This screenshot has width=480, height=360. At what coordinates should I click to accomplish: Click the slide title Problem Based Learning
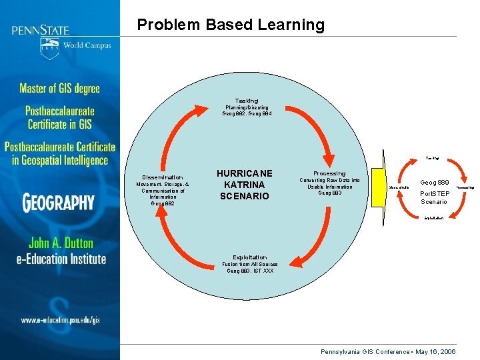[231, 25]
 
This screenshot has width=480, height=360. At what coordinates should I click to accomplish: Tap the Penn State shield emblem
[49, 49]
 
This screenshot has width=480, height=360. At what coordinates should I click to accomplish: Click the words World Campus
[87, 46]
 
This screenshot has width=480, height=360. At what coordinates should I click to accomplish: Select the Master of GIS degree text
[59, 89]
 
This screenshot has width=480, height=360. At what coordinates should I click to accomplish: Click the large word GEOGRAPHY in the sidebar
[59, 201]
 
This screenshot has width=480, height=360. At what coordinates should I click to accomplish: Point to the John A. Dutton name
[61, 243]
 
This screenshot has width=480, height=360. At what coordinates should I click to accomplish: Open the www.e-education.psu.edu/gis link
[59, 320]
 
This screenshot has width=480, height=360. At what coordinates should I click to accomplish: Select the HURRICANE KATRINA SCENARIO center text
[245, 185]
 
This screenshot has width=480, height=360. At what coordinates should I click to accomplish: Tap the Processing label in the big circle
[329, 173]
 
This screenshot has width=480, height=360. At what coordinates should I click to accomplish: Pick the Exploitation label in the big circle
[249, 257]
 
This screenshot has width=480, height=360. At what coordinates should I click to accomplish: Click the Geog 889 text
[433, 182]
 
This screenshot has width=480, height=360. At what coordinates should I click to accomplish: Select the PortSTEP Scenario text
[433, 198]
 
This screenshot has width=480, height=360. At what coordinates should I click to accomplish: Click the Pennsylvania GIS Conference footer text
[388, 351]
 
